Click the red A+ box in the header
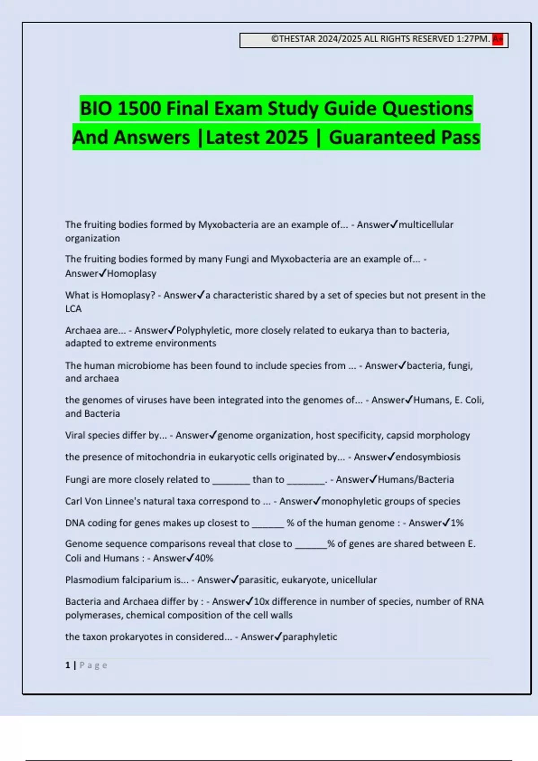point(498,39)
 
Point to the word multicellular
point(426,225)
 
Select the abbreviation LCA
point(74,309)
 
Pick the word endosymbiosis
point(428,457)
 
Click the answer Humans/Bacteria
point(416,480)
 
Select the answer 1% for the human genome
point(457,523)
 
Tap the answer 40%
point(204,558)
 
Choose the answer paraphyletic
point(310,637)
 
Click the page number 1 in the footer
point(68,665)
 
